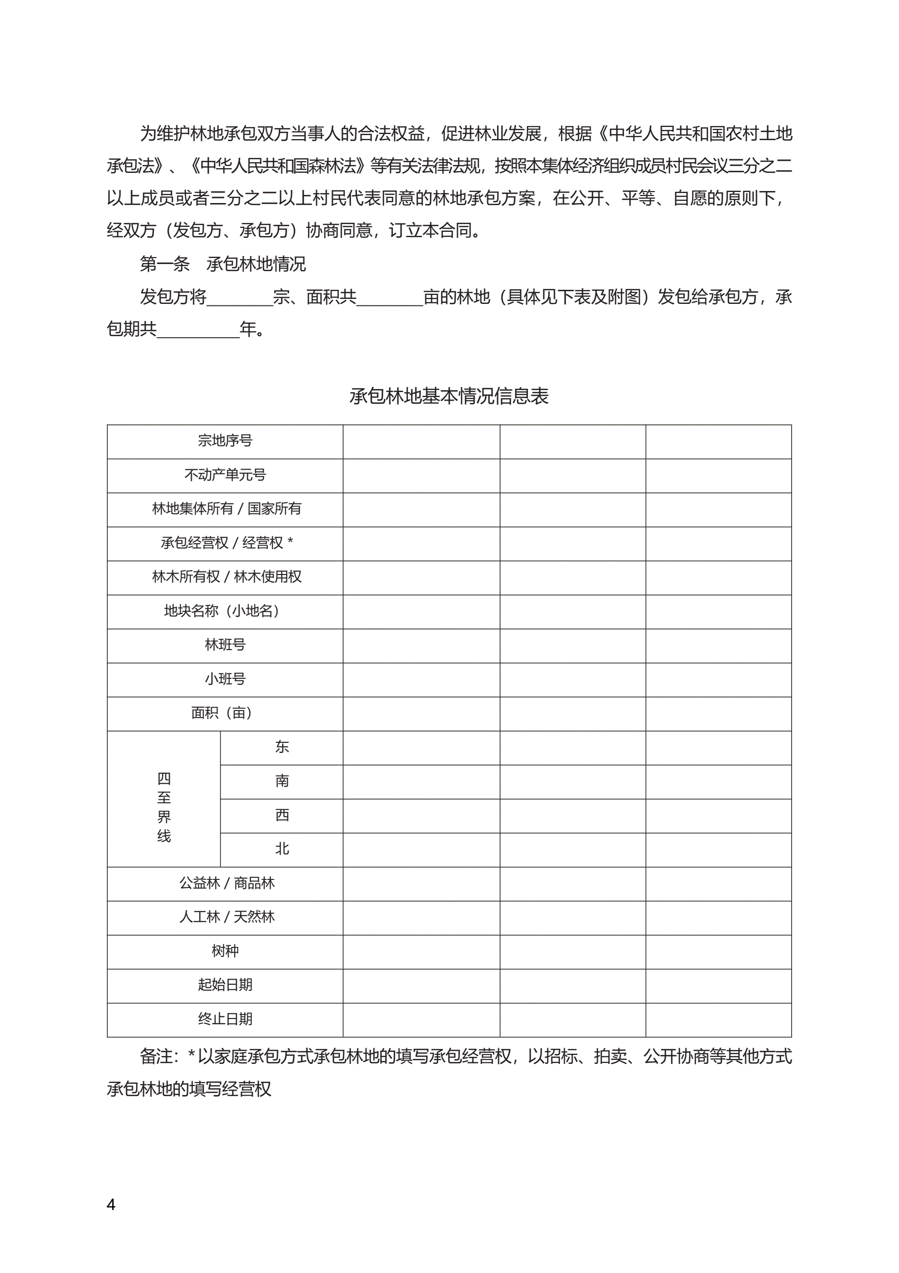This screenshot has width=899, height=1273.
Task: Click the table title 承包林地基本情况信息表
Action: [x=449, y=396]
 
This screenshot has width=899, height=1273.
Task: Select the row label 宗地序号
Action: [x=225, y=441]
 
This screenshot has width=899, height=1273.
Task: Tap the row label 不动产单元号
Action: [x=225, y=475]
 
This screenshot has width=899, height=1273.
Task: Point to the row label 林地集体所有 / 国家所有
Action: [x=227, y=508]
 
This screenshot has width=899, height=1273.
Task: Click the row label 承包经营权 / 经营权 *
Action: [x=227, y=543]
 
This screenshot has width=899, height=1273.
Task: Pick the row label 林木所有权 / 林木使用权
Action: [x=227, y=577]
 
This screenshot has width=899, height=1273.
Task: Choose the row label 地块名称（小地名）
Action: [x=225, y=611]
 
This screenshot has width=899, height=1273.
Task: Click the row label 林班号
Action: [x=225, y=645]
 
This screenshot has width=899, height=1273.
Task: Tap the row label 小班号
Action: [x=225, y=679]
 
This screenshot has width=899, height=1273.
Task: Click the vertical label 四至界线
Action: [x=164, y=807]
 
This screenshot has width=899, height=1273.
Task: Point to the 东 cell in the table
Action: [x=282, y=747]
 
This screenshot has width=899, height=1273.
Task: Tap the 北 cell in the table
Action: [x=282, y=849]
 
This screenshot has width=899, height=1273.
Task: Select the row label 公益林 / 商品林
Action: [x=227, y=882]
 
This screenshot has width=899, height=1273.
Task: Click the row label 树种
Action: [x=225, y=951]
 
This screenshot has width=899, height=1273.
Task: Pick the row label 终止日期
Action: [x=225, y=1019]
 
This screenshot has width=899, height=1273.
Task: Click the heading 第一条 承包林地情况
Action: [x=223, y=264]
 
